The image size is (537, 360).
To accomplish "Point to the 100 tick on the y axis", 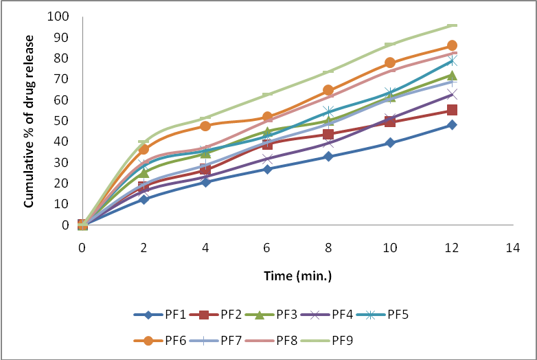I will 59,16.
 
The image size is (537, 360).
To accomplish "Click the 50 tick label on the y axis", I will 62,121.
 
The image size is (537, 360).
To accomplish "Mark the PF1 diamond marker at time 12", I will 452,125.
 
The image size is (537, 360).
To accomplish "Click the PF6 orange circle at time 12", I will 452,46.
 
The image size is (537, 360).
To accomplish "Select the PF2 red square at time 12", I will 452,110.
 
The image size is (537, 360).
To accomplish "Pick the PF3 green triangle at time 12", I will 452,76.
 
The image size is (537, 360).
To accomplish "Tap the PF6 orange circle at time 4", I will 205,126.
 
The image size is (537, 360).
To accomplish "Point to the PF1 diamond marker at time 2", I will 144,199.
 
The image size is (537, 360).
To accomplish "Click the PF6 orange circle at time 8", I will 328,90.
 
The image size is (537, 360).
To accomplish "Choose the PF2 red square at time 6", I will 267,144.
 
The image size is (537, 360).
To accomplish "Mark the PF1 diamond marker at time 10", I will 390,143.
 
